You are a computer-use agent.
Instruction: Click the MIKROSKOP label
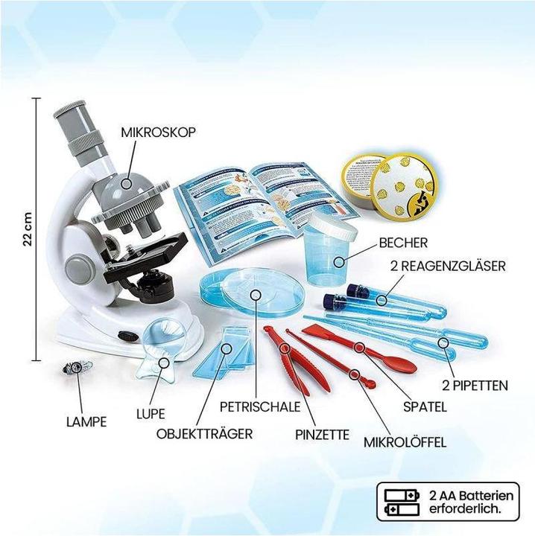[158, 132]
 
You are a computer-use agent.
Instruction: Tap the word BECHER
[402, 243]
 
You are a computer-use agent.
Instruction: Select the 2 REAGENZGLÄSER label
[448, 265]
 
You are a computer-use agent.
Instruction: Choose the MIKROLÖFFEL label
[405, 441]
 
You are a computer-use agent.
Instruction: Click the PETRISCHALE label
[260, 407]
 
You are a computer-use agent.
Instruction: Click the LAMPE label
[84, 421]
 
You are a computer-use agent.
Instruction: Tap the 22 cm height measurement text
[27, 226]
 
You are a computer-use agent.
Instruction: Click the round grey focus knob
[78, 265]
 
